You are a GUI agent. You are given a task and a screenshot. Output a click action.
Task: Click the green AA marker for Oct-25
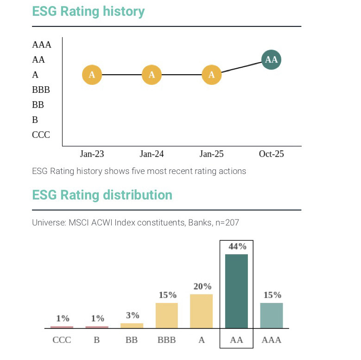click(x=271, y=60)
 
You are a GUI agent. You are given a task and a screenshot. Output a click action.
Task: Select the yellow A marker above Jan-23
click(x=92, y=75)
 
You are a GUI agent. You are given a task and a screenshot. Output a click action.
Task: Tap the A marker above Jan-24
click(x=152, y=75)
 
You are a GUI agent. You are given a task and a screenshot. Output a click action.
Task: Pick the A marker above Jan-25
click(x=212, y=75)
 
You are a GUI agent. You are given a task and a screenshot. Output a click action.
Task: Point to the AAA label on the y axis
click(x=42, y=45)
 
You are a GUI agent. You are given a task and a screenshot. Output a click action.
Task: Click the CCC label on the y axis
click(x=41, y=135)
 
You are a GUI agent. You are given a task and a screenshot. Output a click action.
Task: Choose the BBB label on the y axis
click(x=41, y=90)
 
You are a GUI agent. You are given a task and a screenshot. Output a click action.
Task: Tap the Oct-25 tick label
click(x=272, y=154)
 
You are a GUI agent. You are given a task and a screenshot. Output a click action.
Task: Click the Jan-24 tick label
click(x=152, y=154)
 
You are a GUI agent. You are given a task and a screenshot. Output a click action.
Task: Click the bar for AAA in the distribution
click(x=272, y=315)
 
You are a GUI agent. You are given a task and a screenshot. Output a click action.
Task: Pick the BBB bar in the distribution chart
click(x=167, y=315)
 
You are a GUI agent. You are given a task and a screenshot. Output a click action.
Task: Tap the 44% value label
click(x=237, y=247)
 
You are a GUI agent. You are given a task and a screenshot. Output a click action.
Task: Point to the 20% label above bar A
click(x=202, y=287)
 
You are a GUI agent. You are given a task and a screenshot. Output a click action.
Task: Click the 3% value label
click(x=133, y=315)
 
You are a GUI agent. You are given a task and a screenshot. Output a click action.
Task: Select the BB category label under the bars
click(x=132, y=340)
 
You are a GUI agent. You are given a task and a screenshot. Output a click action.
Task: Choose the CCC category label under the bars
click(x=62, y=340)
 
